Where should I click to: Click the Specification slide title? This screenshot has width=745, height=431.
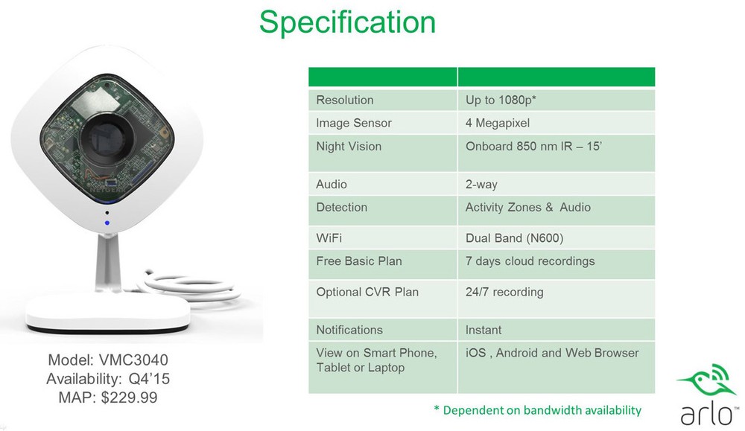[347, 22]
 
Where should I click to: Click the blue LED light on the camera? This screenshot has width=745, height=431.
[107, 223]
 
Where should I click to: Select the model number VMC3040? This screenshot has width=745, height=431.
[133, 360]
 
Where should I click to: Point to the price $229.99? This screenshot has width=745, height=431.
[129, 398]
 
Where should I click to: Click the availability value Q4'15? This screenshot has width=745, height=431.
[149, 379]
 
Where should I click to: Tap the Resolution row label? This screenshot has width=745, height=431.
[345, 100]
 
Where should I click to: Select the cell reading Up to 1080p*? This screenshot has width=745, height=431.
[501, 100]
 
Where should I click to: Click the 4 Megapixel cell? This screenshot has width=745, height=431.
[498, 124]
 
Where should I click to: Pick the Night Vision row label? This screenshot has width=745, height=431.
[349, 146]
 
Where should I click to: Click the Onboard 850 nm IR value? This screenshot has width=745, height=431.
[533, 146]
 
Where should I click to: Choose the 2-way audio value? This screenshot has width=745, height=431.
[481, 184]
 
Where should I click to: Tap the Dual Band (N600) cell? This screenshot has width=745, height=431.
[515, 237]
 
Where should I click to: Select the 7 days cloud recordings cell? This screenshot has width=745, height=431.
[530, 261]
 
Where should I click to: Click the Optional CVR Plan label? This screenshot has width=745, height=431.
[367, 292]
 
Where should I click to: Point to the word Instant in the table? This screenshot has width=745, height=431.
[484, 330]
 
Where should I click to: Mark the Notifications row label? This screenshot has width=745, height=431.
[349, 330]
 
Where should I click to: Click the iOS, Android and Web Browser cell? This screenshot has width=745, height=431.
[552, 353]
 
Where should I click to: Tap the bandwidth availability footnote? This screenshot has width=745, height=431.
[537, 410]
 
